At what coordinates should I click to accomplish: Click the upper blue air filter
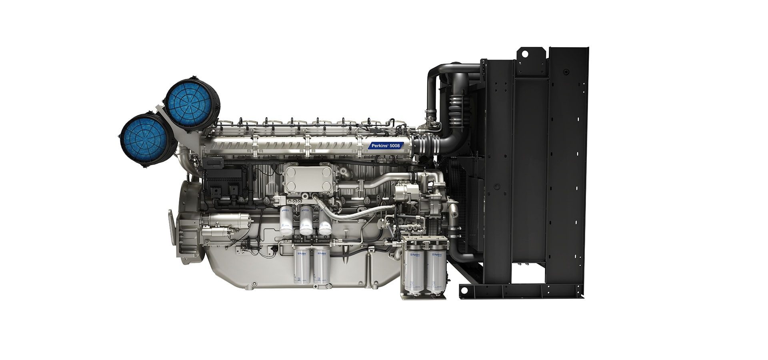[190, 103]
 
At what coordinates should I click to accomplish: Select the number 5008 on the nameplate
[394, 146]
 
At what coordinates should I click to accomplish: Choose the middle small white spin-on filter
[306, 221]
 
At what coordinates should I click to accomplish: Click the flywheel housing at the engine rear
[188, 224]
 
